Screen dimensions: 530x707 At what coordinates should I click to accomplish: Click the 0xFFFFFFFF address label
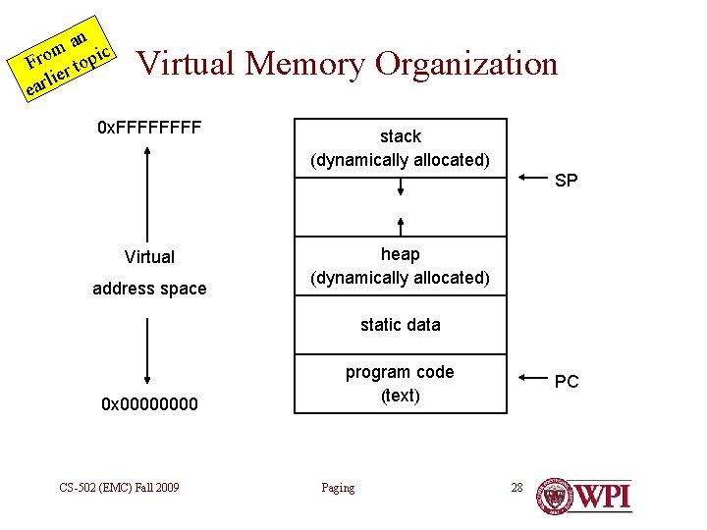click(149, 129)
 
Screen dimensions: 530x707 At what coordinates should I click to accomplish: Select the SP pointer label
click(567, 181)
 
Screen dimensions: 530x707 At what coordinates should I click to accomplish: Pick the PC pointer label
click(567, 382)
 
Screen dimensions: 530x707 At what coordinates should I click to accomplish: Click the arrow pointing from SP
click(531, 179)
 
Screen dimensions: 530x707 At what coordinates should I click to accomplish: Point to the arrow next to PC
click(531, 379)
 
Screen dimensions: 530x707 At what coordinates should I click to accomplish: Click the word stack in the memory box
click(401, 136)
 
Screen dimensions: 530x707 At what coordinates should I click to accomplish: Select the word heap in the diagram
click(401, 254)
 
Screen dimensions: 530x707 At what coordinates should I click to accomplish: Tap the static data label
click(401, 325)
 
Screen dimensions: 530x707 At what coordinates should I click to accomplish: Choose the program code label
click(400, 372)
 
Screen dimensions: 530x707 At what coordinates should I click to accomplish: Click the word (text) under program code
click(401, 396)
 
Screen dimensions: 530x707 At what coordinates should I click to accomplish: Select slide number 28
click(517, 488)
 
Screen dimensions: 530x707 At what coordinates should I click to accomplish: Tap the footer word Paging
click(338, 488)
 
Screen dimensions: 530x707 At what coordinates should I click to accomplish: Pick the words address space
click(149, 289)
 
